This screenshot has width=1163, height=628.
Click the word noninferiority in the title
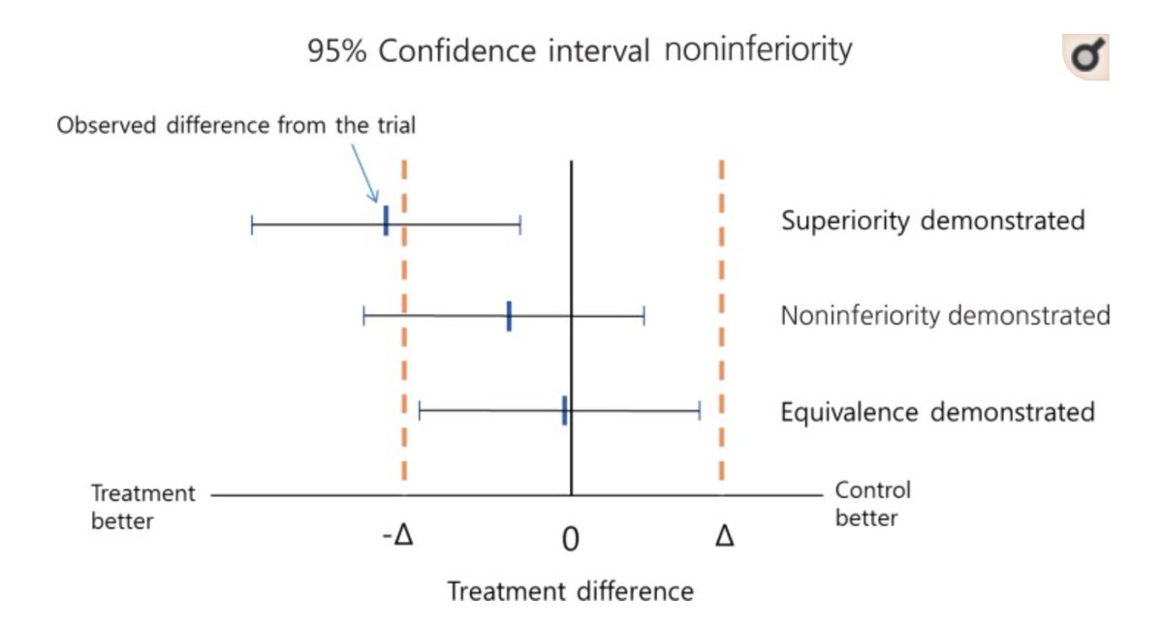click(x=758, y=48)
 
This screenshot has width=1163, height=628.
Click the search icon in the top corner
click(x=1086, y=58)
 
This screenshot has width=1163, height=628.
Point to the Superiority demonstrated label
click(x=932, y=221)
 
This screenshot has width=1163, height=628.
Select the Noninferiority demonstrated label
click(x=945, y=316)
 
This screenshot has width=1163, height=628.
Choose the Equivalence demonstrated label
click(x=937, y=412)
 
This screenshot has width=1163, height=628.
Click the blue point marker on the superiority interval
click(x=386, y=221)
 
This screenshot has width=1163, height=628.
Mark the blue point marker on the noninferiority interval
click(x=509, y=316)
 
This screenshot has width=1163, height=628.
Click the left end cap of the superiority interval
click(x=252, y=226)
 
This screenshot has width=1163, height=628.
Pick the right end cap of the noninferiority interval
click(x=644, y=316)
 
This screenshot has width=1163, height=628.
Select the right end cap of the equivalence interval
click(x=699, y=412)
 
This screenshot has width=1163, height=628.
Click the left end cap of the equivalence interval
click(x=420, y=412)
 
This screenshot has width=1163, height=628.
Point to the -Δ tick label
click(x=397, y=536)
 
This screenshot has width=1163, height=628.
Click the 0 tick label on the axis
click(x=570, y=539)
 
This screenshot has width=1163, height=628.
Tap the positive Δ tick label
click(x=724, y=536)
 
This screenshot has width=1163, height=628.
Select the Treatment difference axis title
click(x=570, y=590)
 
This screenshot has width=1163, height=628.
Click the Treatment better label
click(x=143, y=507)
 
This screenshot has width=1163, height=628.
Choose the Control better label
click(x=872, y=504)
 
